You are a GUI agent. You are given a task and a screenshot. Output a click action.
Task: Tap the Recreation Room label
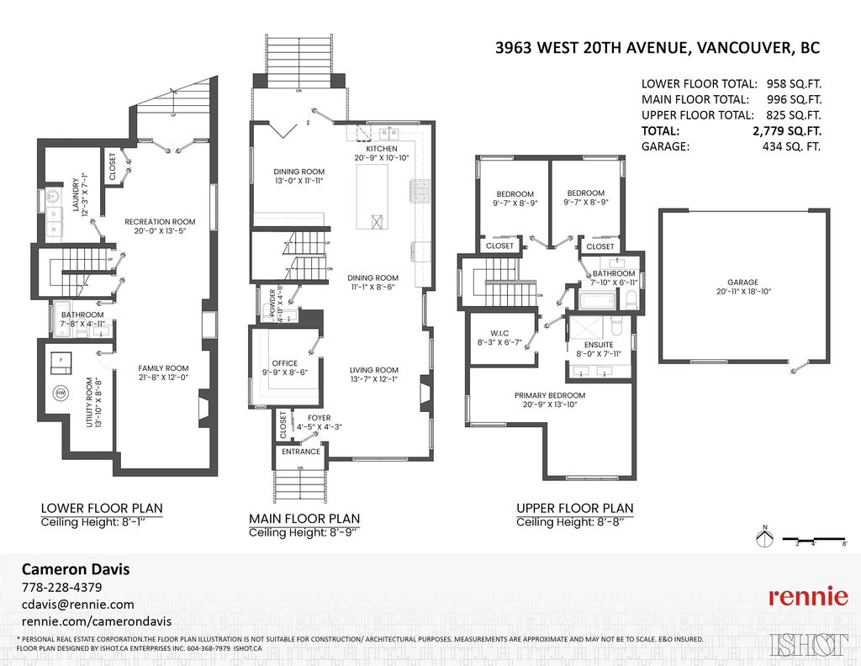pos(160,222)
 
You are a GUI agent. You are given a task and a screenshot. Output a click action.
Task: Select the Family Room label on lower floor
pos(163,368)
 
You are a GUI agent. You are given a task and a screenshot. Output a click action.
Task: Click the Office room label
pos(285,363)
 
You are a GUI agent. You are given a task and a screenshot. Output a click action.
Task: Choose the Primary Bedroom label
pos(550,395)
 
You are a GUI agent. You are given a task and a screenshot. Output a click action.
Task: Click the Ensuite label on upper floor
pos(598,345)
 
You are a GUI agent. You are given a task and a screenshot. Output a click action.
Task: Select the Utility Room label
pos(90,402)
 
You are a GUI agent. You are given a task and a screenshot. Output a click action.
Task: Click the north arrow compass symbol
pos(764,538)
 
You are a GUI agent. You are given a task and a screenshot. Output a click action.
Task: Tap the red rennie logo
pos(807,597)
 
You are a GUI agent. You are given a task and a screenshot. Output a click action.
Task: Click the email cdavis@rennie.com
pos(77,605)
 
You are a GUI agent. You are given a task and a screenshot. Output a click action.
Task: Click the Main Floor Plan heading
pos(304,518)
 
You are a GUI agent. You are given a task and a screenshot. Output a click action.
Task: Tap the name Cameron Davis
pos(75,568)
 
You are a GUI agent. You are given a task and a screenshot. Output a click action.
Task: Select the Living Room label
pos(374,370)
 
